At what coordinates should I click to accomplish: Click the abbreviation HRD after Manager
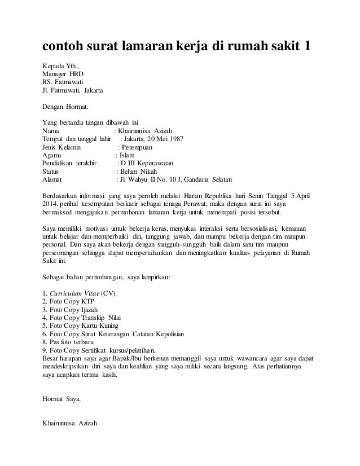[x=76, y=73]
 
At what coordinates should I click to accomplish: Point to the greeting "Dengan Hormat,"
[x=65, y=105]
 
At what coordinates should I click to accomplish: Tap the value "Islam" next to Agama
[x=127, y=155]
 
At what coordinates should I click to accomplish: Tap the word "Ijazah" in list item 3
[x=93, y=310]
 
